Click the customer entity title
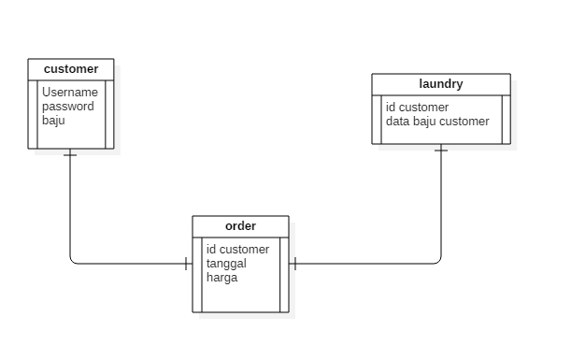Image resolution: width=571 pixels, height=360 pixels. click(71, 69)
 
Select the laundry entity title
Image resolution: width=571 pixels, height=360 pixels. click(441, 84)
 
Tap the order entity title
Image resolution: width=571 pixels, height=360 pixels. click(240, 226)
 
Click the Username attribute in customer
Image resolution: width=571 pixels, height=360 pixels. click(69, 93)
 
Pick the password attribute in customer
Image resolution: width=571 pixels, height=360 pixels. click(67, 107)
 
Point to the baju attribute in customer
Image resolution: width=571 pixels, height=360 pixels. click(53, 120)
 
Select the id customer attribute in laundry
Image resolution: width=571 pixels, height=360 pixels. click(417, 108)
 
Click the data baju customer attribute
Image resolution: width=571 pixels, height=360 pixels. click(436, 122)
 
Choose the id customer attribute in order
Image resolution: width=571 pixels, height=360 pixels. click(237, 250)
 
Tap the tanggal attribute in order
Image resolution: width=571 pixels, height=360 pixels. click(226, 264)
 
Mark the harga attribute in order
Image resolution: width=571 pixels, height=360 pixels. click(221, 278)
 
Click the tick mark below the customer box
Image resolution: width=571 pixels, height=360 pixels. click(70, 155)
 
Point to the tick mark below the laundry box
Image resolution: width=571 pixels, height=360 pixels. click(441, 151)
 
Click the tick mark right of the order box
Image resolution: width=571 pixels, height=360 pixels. click(295, 264)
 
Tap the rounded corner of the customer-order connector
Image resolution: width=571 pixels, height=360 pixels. click(73, 261)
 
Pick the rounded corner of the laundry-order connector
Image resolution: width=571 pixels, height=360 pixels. click(438, 261)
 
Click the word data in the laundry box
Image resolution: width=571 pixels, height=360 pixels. click(398, 122)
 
